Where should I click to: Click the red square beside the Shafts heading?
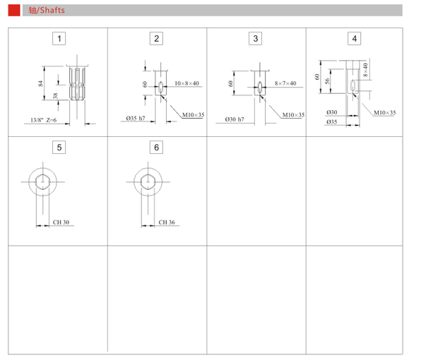coord(14,10)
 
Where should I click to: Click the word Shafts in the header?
coord(52,10)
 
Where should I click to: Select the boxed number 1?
coord(59,39)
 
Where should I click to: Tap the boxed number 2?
coord(156,39)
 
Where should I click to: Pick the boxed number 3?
coord(255,39)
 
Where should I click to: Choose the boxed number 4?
coord(355,39)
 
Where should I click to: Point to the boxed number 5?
coord(59,148)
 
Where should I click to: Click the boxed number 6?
coord(156,148)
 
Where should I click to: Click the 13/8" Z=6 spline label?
coord(44,120)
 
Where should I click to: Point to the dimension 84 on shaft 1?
coord(40,83)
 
